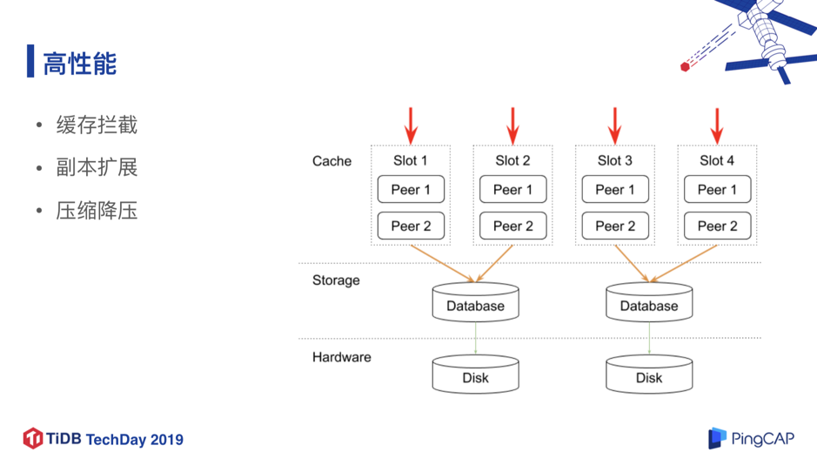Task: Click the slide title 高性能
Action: pos(80,64)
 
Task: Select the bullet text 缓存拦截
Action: pos(97,125)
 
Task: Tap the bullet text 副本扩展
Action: pos(97,167)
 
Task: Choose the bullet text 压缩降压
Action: pos(97,211)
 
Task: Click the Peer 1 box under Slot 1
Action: pos(411,189)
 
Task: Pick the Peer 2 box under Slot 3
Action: pos(615,226)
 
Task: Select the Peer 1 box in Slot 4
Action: pos(717,189)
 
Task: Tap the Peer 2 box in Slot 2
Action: pos(512,226)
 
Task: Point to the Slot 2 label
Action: pos(512,160)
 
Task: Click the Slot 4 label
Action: pos(717,160)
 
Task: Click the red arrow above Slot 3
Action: pos(615,125)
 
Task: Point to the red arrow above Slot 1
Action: pos(411,125)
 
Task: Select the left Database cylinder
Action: pos(475,302)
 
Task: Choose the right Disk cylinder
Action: pos(649,374)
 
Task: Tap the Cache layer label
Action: pos(331,161)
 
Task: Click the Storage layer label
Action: pos(336,280)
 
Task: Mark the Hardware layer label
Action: pos(342,357)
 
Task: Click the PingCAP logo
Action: pos(751,438)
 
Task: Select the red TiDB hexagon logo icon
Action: pos(33,439)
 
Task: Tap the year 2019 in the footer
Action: pos(167,440)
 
